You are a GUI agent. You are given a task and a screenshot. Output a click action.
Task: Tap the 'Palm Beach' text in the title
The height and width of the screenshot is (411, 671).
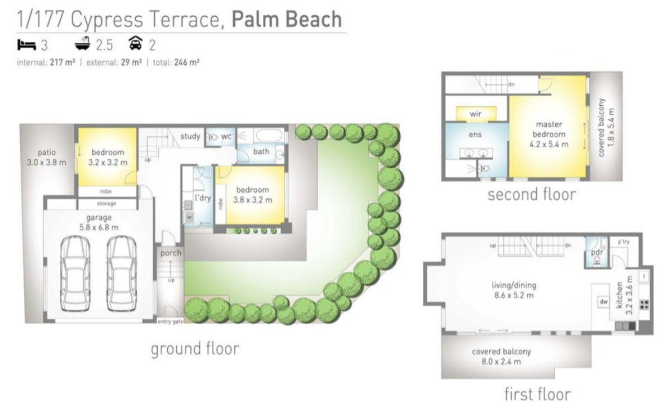286,19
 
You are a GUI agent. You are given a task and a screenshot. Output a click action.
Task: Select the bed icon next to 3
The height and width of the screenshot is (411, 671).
27,44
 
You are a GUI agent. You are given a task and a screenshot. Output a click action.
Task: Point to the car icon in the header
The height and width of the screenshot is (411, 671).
135,44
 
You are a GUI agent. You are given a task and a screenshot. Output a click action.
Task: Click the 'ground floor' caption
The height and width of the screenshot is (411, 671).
195,349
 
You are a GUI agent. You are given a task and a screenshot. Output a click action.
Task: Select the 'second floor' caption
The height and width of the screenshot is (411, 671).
531,195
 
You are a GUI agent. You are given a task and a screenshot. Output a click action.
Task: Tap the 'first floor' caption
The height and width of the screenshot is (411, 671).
537,394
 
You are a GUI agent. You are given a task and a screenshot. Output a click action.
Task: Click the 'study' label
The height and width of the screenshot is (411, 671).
190,136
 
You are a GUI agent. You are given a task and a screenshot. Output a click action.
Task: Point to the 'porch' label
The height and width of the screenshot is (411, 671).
171,253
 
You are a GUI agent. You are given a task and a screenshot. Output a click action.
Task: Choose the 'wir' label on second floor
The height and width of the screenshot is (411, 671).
475,114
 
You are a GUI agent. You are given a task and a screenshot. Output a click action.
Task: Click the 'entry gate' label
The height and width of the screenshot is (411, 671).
171,321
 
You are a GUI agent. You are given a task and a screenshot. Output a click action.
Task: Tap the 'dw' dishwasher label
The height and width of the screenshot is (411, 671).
603,301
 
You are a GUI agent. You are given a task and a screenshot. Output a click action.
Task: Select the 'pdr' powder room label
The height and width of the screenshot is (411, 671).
596,253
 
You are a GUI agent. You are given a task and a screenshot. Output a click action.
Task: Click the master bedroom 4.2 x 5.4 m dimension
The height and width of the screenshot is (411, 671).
549,144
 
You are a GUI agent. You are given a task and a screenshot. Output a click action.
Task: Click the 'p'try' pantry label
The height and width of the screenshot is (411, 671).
624,242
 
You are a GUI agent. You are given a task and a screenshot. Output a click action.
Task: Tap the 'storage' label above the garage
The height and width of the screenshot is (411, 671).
106,204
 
